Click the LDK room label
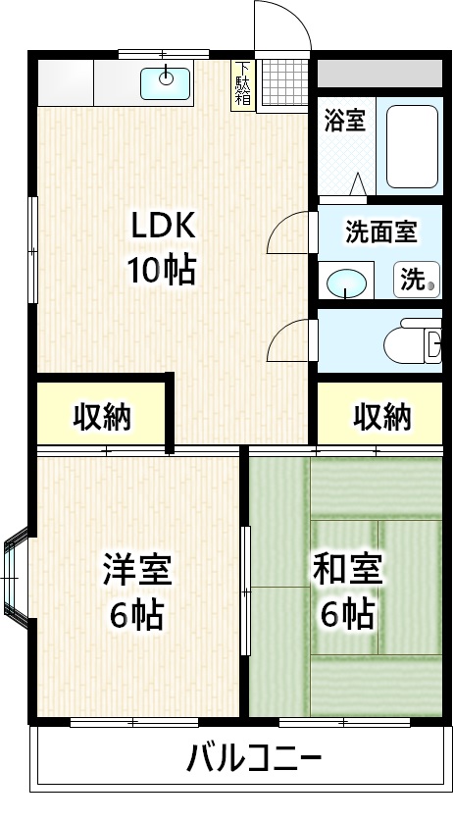[x=166, y=227]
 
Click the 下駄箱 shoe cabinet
[x=242, y=85]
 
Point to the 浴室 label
[x=344, y=121]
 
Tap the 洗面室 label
[x=380, y=231]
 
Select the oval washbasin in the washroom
[x=344, y=283]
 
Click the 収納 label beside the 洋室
[x=102, y=418]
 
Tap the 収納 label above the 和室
[x=382, y=418]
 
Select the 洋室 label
[x=137, y=568]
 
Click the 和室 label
[x=347, y=568]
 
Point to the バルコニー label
[x=254, y=758]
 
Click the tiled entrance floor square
[x=282, y=85]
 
